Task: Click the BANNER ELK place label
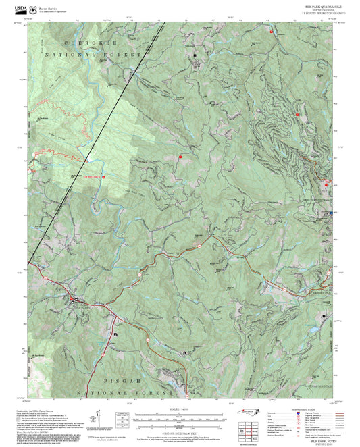click(318, 293)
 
